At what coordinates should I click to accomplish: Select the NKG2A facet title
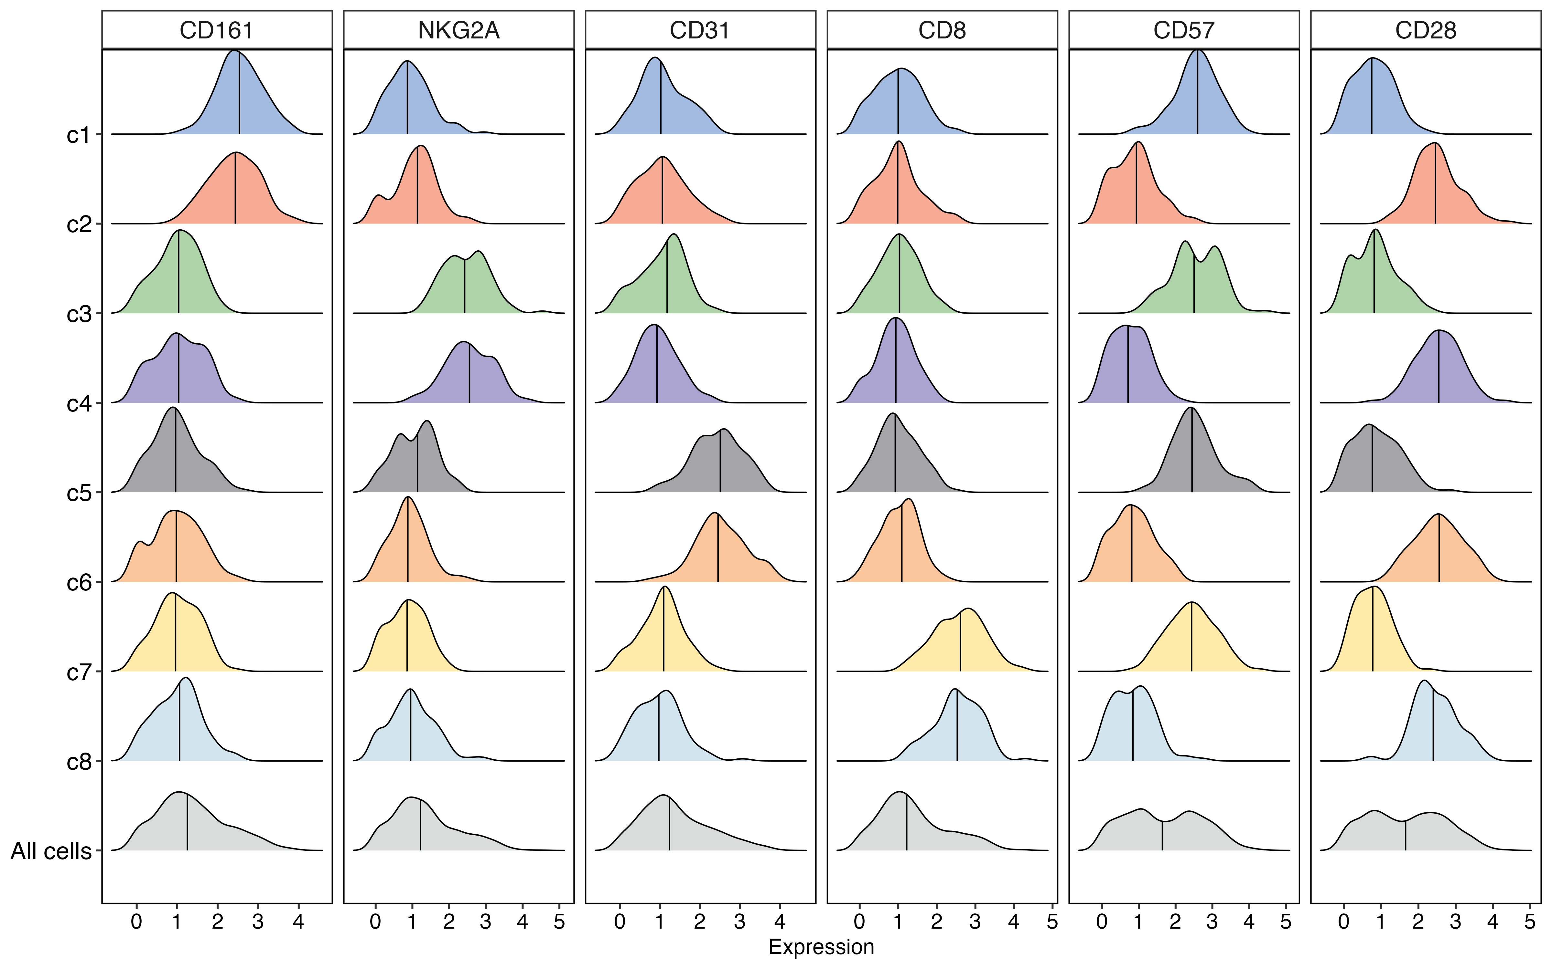click(x=458, y=30)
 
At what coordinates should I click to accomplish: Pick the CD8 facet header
click(x=942, y=30)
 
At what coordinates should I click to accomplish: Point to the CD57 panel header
click(x=1184, y=30)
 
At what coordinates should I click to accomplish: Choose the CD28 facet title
click(x=1426, y=30)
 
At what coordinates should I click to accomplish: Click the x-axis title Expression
click(x=822, y=947)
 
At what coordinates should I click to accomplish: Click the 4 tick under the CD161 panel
click(x=298, y=922)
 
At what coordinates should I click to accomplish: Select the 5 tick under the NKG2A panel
click(x=559, y=922)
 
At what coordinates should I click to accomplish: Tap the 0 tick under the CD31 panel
click(x=620, y=922)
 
